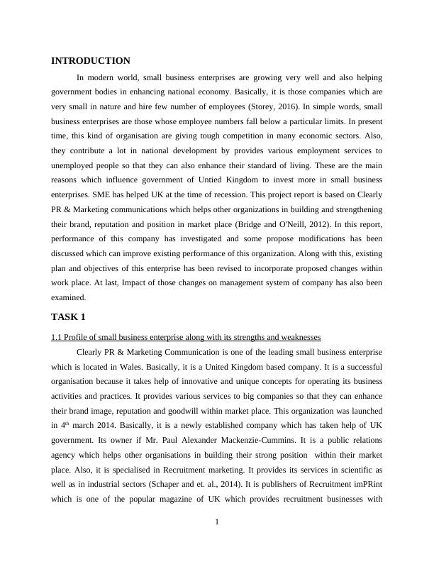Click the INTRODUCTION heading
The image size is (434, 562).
[91, 61]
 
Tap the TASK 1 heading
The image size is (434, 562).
[68, 316]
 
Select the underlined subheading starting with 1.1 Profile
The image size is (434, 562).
[187, 336]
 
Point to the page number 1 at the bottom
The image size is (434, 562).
[217, 523]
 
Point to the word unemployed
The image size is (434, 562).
[72, 165]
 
